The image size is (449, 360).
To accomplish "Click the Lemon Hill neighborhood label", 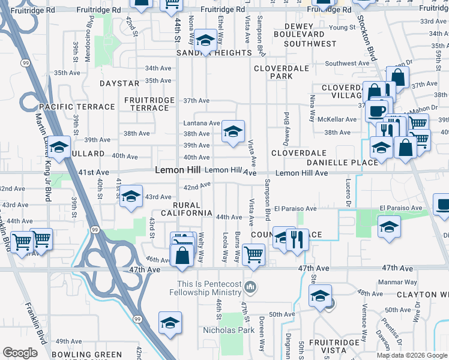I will click(x=177, y=170).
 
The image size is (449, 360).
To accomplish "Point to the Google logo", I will click(x=20, y=353).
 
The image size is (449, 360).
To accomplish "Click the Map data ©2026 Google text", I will click(x=411, y=355).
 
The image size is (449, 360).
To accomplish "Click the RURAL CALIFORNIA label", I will click(x=186, y=209).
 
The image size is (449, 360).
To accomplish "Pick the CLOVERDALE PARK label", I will click(x=281, y=73).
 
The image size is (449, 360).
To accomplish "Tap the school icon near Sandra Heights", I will click(x=206, y=40).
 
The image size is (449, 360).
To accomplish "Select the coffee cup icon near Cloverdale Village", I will click(x=376, y=110).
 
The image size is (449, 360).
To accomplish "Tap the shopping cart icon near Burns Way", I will click(x=254, y=253).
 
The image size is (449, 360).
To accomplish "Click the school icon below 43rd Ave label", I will click(x=130, y=197).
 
